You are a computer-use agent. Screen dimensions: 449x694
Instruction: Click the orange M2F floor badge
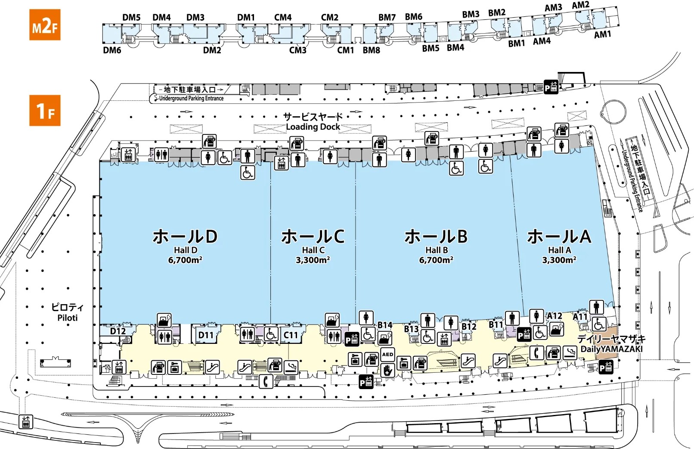pyautogui.click(x=45, y=25)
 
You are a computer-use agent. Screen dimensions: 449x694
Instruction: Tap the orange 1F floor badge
pyautogui.click(x=45, y=111)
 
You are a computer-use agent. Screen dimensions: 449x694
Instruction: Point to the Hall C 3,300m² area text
pyautogui.click(x=313, y=260)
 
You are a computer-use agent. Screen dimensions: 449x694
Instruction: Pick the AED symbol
pyautogui.click(x=387, y=355)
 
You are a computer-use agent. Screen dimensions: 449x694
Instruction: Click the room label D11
pyautogui.click(x=206, y=335)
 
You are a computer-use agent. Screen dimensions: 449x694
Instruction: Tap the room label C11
pyautogui.click(x=291, y=335)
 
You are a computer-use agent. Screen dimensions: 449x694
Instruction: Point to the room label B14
pyautogui.click(x=385, y=325)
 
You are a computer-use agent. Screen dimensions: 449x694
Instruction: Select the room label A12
pyautogui.click(x=555, y=316)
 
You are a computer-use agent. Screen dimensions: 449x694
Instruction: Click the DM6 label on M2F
pyautogui.click(x=112, y=50)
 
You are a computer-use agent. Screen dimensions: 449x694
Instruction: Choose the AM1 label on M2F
pyautogui.click(x=602, y=34)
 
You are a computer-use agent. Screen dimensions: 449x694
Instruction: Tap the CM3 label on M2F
pyautogui.click(x=298, y=50)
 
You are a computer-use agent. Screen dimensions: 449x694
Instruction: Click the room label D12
pyautogui.click(x=118, y=331)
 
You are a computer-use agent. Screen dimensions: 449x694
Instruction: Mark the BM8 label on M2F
pyautogui.click(x=371, y=50)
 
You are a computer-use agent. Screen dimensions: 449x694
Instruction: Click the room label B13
pyautogui.click(x=411, y=329)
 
